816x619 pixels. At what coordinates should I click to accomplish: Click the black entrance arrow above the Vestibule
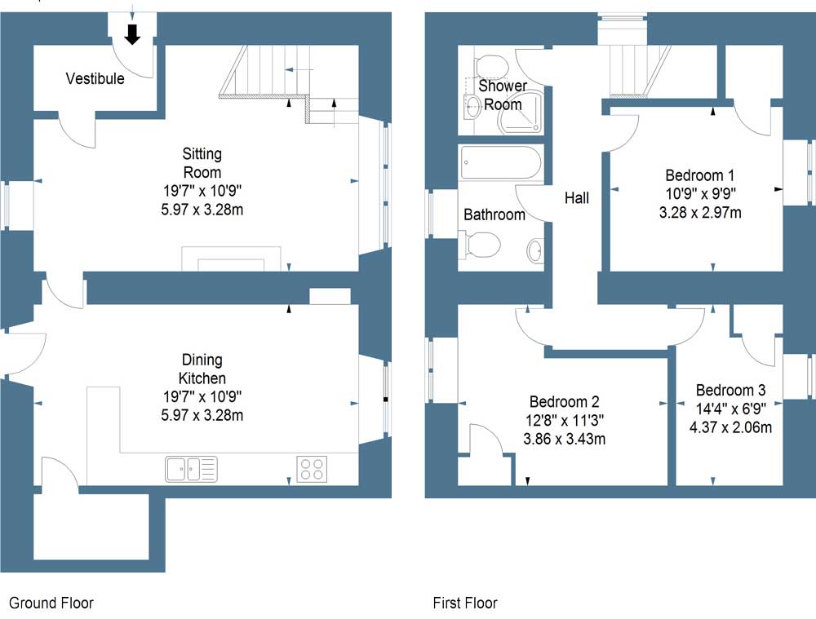click(x=131, y=34)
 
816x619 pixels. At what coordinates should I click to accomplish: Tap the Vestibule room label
click(x=95, y=79)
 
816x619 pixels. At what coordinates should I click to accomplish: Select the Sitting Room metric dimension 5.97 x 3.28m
click(x=202, y=210)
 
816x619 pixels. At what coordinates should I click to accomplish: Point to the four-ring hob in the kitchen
click(x=312, y=470)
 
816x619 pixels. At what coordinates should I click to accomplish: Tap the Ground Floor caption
click(x=51, y=604)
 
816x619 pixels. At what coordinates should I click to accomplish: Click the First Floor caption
click(x=465, y=604)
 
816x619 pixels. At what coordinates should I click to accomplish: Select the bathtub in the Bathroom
click(x=499, y=163)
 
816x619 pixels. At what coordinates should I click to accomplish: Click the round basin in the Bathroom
click(x=535, y=250)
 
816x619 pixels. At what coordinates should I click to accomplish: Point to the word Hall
click(x=576, y=197)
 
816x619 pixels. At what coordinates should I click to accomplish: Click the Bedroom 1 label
click(x=699, y=175)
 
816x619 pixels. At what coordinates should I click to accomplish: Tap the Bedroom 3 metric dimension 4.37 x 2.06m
click(x=730, y=427)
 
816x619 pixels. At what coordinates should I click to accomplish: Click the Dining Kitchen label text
click(x=202, y=369)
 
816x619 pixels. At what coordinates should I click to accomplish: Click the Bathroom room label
click(x=494, y=214)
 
